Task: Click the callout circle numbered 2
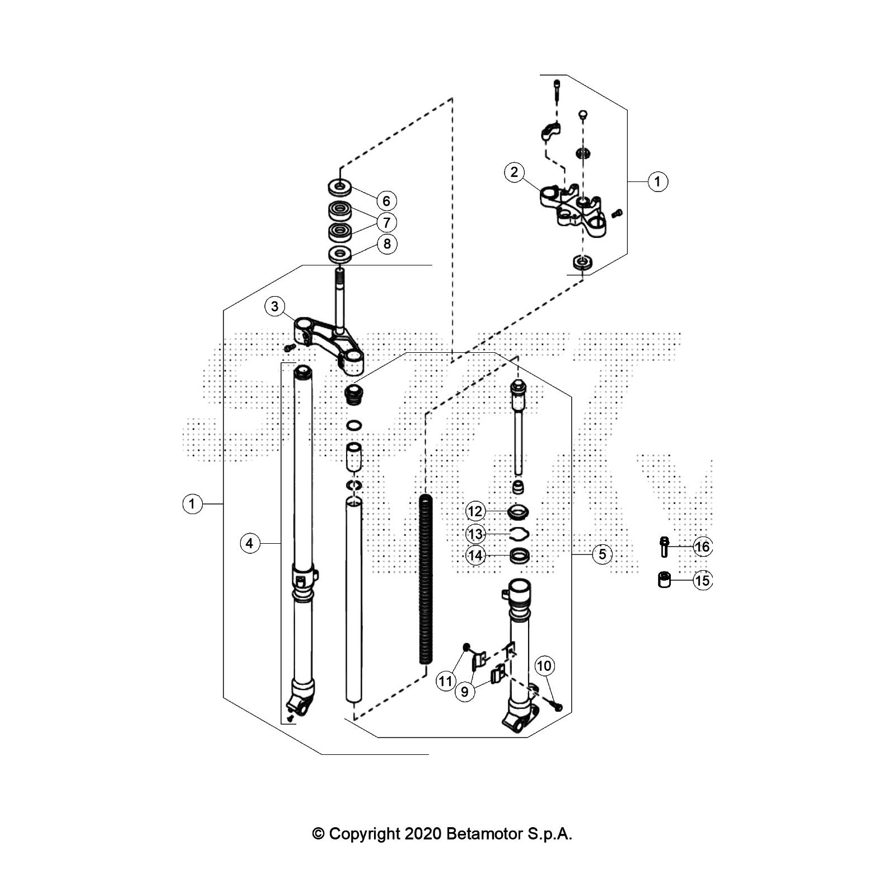(x=514, y=172)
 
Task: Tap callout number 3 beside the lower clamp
(x=274, y=306)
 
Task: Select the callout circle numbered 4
(x=250, y=543)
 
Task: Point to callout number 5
(x=602, y=554)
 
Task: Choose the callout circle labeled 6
(x=386, y=200)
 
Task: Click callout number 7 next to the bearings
(x=386, y=222)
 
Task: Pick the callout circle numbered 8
(x=386, y=244)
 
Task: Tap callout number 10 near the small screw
(x=544, y=666)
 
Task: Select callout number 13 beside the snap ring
(x=475, y=533)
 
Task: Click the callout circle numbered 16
(x=702, y=547)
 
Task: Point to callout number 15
(x=702, y=580)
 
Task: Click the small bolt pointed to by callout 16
(x=664, y=547)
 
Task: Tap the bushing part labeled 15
(x=664, y=580)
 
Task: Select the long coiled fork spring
(x=426, y=580)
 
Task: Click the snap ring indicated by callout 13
(x=519, y=533)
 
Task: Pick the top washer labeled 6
(x=340, y=186)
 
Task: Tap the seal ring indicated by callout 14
(x=520, y=556)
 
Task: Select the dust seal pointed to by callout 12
(x=519, y=511)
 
